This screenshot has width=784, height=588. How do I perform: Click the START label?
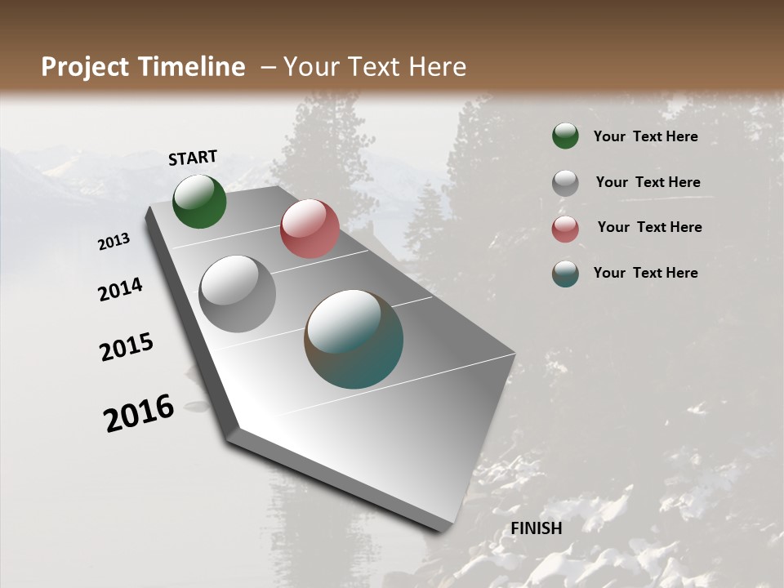pyautogui.click(x=193, y=158)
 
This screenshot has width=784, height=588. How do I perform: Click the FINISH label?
pyautogui.click(x=537, y=528)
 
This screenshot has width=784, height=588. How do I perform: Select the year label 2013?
pyautogui.click(x=114, y=242)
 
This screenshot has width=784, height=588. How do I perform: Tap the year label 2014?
pyautogui.click(x=121, y=289)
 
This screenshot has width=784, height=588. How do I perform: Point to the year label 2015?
pyautogui.click(x=127, y=347)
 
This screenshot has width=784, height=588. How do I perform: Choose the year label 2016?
pyautogui.click(x=139, y=412)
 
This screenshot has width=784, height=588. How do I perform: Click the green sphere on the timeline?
pyautogui.click(x=199, y=201)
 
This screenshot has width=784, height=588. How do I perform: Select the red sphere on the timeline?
pyautogui.click(x=310, y=229)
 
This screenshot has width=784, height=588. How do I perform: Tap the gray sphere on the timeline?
pyautogui.click(x=238, y=293)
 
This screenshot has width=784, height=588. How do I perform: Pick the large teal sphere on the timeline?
pyautogui.click(x=354, y=339)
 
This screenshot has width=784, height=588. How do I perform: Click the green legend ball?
pyautogui.click(x=565, y=136)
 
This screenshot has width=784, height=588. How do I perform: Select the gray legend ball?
pyautogui.click(x=565, y=182)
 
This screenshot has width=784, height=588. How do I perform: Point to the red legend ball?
pyautogui.click(x=565, y=229)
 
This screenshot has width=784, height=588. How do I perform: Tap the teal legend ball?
pyautogui.click(x=565, y=274)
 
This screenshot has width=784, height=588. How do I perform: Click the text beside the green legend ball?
pyautogui.click(x=645, y=136)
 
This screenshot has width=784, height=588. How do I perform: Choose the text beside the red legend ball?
pyautogui.click(x=649, y=227)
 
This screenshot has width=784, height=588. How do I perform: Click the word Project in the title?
pyautogui.click(x=85, y=67)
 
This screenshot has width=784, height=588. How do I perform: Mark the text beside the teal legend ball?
pyautogui.click(x=645, y=273)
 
